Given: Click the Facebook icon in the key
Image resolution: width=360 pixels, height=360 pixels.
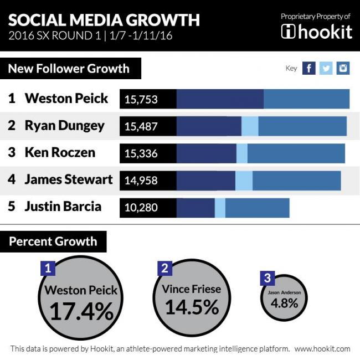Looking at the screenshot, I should (x=309, y=68).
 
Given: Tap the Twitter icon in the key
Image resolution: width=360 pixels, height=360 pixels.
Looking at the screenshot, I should (x=326, y=68).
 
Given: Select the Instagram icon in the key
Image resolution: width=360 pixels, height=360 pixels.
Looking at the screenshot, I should (x=343, y=68).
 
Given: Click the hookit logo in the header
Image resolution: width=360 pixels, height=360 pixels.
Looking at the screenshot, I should (x=316, y=31).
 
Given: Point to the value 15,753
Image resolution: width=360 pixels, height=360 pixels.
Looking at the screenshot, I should (x=141, y=100).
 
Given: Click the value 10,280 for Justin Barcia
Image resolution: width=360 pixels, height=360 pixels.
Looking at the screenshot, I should (x=141, y=208).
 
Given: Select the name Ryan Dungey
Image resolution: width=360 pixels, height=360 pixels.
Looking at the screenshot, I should (x=64, y=126).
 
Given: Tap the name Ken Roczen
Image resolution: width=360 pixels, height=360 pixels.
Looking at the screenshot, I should (x=60, y=152).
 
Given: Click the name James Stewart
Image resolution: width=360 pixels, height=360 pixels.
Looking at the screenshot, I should (x=68, y=179).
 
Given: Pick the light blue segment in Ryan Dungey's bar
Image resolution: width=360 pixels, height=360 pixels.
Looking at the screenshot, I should (x=250, y=126).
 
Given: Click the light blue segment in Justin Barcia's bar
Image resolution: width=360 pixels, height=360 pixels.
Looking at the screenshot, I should (x=220, y=208).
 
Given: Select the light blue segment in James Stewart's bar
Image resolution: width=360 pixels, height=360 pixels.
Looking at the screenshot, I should (x=244, y=181).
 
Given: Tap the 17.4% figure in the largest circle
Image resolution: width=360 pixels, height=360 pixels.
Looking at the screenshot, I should (x=81, y=312).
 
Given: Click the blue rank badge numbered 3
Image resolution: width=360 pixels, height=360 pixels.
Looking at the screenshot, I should (x=268, y=277).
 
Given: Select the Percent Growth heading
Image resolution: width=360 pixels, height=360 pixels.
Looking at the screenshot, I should (x=53, y=241).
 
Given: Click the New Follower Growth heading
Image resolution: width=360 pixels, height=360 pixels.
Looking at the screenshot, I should (x=69, y=69).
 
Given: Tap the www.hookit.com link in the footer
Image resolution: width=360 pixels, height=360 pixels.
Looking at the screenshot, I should (x=322, y=349).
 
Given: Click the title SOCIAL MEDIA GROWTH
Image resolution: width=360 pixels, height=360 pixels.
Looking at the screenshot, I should (x=104, y=20).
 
